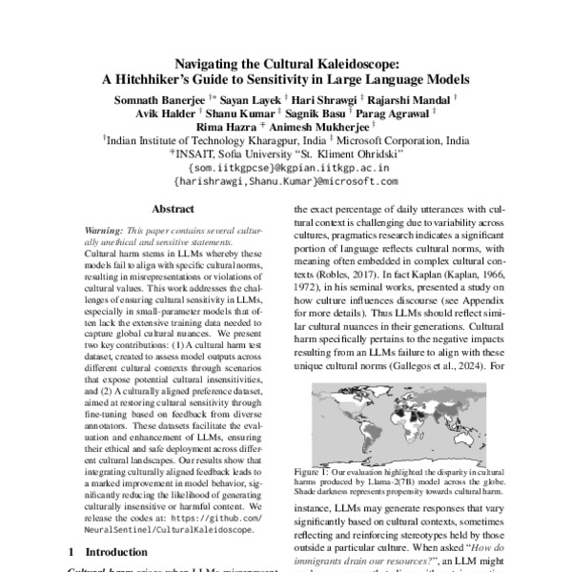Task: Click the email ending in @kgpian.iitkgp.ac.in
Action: click(x=285, y=166)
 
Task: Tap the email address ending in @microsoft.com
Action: click(x=285, y=179)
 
